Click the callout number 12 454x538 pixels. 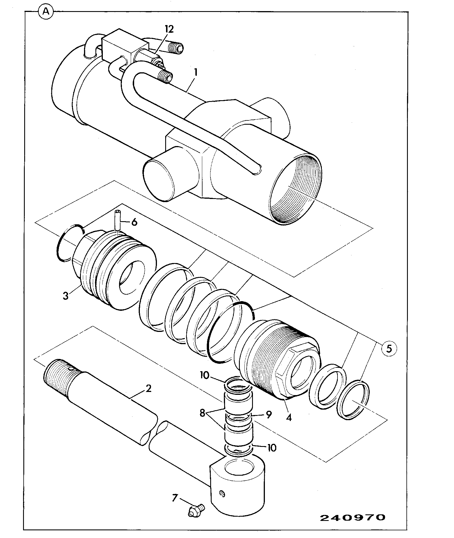(x=169, y=29)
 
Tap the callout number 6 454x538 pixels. (x=134, y=222)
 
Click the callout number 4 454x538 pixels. (x=289, y=418)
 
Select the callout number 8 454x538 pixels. (x=203, y=413)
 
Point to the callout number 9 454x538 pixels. (x=269, y=414)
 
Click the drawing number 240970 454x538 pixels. (x=352, y=518)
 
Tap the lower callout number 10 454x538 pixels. (x=272, y=447)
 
